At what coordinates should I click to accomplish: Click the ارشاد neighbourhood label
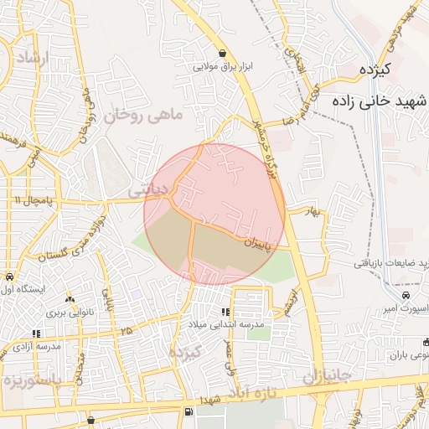click(33, 59)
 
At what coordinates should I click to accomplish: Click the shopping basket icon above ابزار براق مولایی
click(221, 52)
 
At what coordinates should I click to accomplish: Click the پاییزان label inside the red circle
click(259, 242)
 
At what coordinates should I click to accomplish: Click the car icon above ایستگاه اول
click(9, 277)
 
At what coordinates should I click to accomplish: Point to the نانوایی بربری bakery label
click(66, 311)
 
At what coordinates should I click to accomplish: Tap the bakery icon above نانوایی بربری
click(70, 298)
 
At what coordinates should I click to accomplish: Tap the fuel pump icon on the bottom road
click(188, 411)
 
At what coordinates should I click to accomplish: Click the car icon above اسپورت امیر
click(406, 296)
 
